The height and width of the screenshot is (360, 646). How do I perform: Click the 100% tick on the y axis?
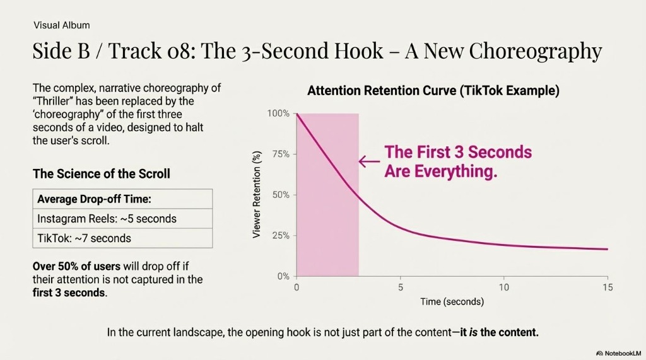(x=278, y=113)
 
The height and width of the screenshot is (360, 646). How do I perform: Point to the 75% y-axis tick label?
(x=280, y=154)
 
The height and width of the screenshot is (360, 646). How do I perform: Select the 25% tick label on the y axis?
(x=280, y=235)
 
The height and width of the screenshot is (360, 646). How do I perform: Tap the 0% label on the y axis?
(x=283, y=276)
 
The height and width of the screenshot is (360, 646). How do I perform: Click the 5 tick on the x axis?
(x=400, y=287)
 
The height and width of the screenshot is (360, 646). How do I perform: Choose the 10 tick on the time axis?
(x=503, y=287)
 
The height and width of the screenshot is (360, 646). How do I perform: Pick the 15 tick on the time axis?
(x=607, y=287)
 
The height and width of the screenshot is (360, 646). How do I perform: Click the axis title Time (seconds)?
(x=452, y=302)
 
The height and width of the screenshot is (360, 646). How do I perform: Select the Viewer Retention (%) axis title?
(x=257, y=195)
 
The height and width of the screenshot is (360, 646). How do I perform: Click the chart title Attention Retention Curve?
(x=433, y=91)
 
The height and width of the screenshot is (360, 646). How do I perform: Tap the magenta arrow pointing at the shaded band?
(x=369, y=161)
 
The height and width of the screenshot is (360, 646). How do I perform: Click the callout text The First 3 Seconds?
(x=458, y=152)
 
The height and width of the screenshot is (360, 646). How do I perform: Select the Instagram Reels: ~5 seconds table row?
(x=107, y=219)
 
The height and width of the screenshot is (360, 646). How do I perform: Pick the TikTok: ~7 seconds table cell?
(x=85, y=238)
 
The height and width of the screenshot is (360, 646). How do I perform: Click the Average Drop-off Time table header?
(x=94, y=199)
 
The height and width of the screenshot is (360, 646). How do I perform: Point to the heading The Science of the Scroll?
(x=101, y=173)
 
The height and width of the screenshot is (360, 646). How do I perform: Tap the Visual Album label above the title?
(x=61, y=25)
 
